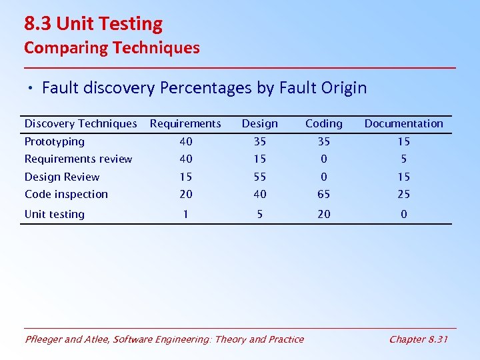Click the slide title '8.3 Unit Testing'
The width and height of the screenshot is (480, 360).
click(x=93, y=24)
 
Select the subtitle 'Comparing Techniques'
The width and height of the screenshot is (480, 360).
click(x=111, y=48)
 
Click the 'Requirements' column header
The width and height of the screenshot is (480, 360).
click(x=185, y=123)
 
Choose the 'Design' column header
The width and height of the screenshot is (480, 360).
click(x=260, y=123)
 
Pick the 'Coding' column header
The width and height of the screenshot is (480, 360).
click(x=323, y=123)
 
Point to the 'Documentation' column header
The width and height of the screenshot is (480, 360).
click(x=403, y=123)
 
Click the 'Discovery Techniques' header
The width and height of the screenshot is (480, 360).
click(x=81, y=123)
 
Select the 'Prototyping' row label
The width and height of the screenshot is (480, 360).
click(x=55, y=141)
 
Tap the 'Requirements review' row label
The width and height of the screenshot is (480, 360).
click(x=78, y=159)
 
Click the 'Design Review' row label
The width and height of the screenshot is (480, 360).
click(x=62, y=177)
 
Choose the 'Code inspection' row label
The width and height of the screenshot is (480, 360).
click(x=66, y=194)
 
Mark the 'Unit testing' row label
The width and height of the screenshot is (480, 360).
click(x=55, y=214)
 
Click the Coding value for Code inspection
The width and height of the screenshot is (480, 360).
click(x=323, y=194)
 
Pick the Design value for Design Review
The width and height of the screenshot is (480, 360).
click(x=260, y=177)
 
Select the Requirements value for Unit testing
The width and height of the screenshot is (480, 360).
click(x=185, y=214)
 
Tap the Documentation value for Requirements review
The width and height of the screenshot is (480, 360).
click(x=403, y=159)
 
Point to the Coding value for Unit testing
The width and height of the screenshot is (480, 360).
click(x=323, y=214)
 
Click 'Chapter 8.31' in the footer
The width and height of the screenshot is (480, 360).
click(x=418, y=339)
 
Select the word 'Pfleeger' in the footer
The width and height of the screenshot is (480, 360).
click(x=45, y=339)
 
